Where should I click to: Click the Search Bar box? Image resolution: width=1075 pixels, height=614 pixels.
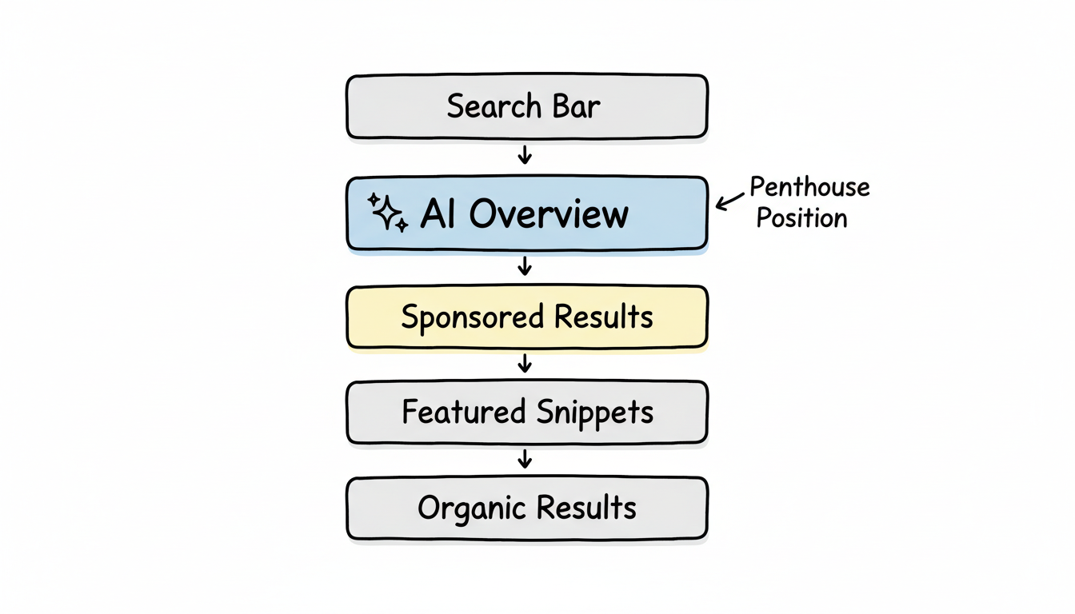pos(526,106)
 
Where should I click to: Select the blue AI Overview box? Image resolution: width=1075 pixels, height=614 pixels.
pos(526,213)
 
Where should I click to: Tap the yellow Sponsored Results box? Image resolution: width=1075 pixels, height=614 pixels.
pos(526,317)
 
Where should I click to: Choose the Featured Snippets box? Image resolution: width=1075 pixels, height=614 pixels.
pos(526,413)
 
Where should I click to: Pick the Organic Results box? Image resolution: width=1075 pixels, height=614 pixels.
pos(526,508)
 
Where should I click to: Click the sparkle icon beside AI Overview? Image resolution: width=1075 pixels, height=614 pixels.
pos(387,213)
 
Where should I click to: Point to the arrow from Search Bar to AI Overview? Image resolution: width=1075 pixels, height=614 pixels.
pos(525,155)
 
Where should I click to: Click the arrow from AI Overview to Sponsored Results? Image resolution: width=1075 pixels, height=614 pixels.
pos(525,266)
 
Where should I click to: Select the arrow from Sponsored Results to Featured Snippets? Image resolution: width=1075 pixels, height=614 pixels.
pos(525,365)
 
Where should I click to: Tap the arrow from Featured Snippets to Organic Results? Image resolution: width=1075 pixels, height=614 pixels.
pos(525,459)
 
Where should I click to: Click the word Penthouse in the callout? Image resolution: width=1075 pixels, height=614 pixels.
pos(809,189)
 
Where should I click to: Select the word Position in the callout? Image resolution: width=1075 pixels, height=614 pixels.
pos(801,218)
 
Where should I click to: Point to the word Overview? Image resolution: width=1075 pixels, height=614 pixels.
pos(549,214)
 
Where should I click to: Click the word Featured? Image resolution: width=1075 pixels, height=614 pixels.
pos(463,413)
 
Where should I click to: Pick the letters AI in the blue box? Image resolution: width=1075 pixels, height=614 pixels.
pos(438,214)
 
